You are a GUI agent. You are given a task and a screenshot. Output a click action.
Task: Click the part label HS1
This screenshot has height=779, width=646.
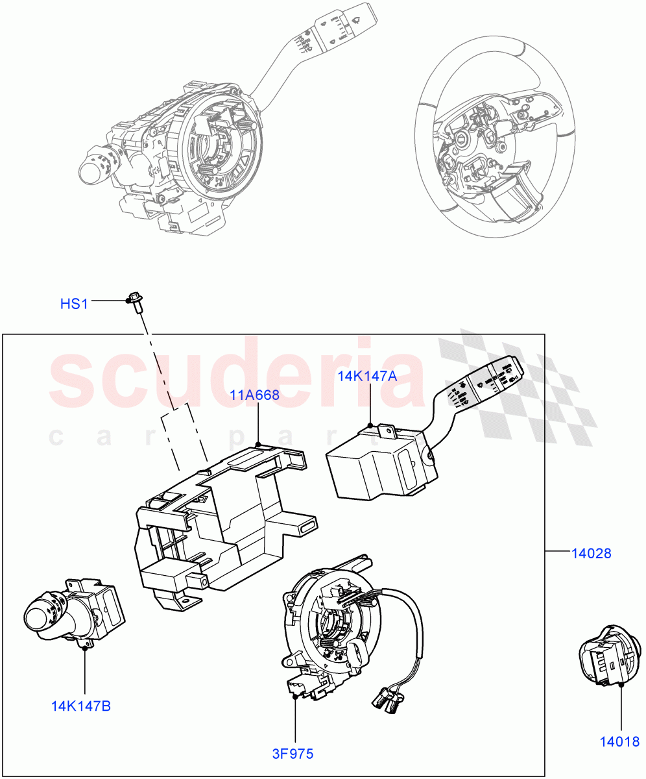click(74, 303)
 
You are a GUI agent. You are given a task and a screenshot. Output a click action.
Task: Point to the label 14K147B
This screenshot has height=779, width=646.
click(81, 706)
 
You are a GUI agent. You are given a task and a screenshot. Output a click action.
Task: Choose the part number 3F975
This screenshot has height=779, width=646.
click(292, 754)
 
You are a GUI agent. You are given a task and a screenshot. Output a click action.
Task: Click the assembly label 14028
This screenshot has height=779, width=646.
click(591, 554)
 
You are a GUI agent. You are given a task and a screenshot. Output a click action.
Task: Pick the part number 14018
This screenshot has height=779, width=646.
click(619, 741)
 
